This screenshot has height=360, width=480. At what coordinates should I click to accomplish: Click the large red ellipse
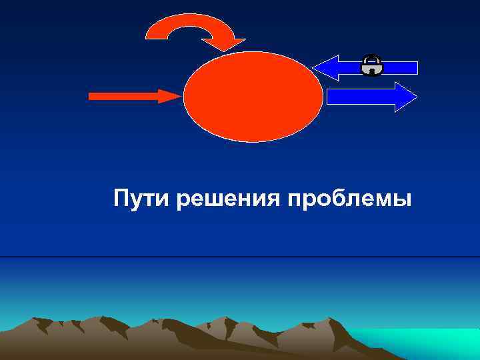253,96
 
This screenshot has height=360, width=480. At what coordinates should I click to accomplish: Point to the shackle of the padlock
371,58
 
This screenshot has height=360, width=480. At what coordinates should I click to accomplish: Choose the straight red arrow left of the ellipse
133,96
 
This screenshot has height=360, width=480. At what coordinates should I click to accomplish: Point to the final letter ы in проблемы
403,201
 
